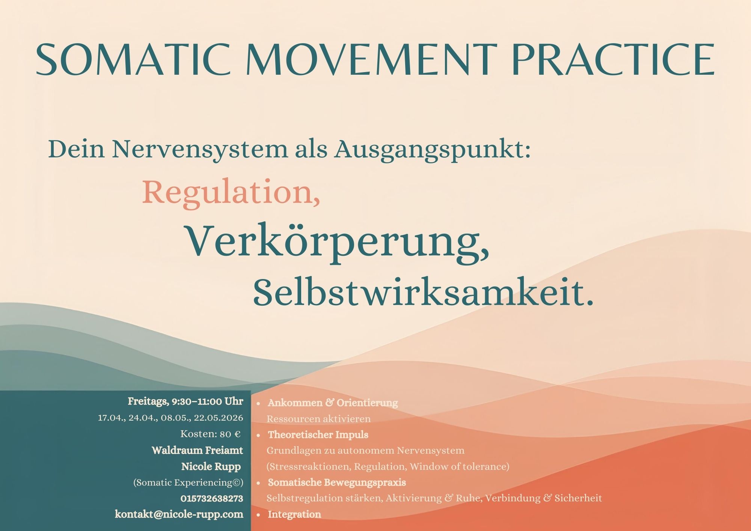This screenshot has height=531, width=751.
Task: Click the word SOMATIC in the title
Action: (133, 59)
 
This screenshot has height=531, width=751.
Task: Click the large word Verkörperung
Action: (338, 242)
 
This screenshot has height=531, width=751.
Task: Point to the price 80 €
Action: (230, 434)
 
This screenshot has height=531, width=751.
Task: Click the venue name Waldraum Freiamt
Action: (198, 450)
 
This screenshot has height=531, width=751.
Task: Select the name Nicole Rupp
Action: (211, 467)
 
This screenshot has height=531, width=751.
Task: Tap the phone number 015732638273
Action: (212, 499)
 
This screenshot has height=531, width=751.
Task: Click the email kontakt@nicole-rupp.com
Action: (179, 514)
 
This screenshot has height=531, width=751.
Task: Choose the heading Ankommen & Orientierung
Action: (333, 403)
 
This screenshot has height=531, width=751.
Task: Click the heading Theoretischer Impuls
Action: (318, 435)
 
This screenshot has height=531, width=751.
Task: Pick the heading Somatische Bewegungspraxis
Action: (337, 483)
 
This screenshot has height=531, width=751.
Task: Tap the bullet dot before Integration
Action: (258, 515)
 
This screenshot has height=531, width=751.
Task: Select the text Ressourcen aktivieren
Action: (318, 419)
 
